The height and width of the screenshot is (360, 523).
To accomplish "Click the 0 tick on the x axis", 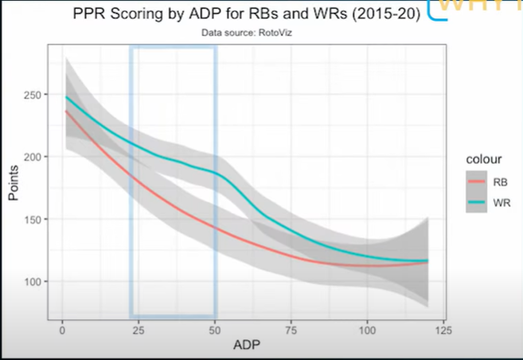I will [61, 329].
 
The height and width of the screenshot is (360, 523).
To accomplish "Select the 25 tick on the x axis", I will [138, 329].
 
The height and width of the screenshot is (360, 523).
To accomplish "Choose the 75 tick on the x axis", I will [291, 329].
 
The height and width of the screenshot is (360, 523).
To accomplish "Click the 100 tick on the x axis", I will [368, 329].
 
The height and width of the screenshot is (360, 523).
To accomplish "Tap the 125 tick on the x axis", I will [444, 329].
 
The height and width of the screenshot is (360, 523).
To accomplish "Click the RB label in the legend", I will [499, 181].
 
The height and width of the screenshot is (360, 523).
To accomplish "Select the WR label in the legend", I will [501, 205].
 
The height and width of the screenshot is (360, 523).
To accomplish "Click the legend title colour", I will [485, 159].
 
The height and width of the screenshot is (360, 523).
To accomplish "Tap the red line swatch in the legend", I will [477, 181].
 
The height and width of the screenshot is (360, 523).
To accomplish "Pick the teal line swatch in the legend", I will [477, 205].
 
